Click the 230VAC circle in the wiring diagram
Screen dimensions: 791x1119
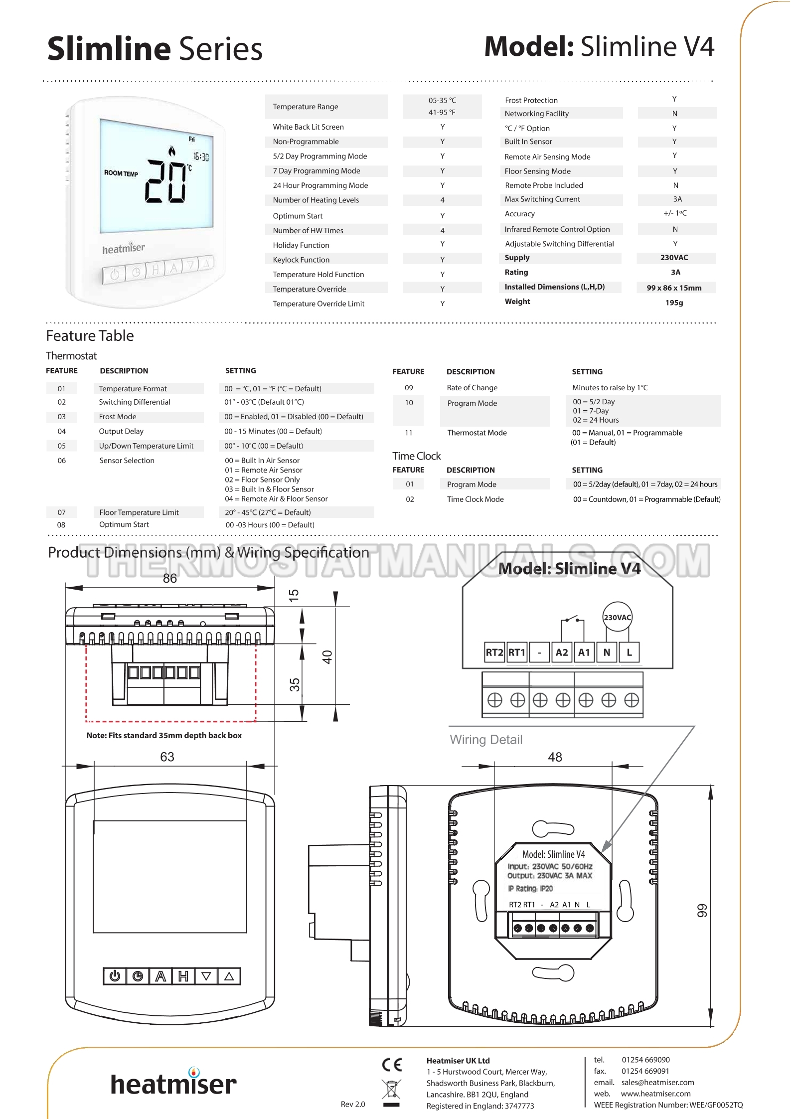tap(617, 617)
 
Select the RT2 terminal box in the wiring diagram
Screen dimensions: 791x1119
tap(494, 652)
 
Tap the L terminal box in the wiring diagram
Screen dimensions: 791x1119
tap(629, 652)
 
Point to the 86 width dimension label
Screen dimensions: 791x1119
tap(170, 578)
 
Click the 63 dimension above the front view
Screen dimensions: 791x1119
tap(167, 757)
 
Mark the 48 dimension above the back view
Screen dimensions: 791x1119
tap(555, 757)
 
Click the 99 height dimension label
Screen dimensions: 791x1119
tap(702, 911)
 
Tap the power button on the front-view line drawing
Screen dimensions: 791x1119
tap(115, 975)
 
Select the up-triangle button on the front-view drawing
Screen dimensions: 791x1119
tap(229, 975)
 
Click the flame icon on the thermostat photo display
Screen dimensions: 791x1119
tap(172, 150)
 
